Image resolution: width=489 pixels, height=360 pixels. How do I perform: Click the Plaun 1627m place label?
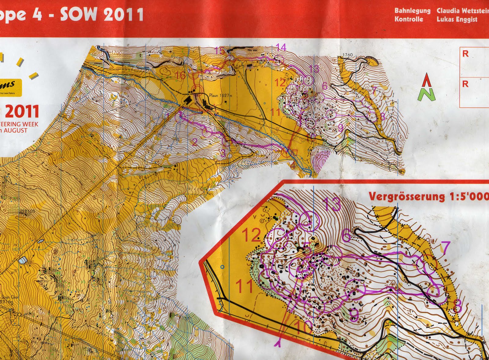pyautogui.click(x=221, y=96)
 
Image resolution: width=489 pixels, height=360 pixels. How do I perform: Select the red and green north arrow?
pyautogui.click(x=427, y=88)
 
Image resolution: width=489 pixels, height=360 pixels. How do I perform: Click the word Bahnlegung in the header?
pyautogui.click(x=412, y=11)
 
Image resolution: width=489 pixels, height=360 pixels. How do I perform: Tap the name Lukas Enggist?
pyautogui.click(x=457, y=20)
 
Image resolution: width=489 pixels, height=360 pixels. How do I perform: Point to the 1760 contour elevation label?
pyautogui.click(x=347, y=55)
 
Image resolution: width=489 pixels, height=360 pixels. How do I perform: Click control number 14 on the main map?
pyautogui.click(x=281, y=47)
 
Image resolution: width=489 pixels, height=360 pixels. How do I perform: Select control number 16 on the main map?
pyautogui.click(x=181, y=75)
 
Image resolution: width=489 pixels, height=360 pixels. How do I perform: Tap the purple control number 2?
pyautogui.click(x=194, y=142)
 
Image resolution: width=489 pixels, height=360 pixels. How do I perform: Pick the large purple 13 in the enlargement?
pyautogui.click(x=331, y=204)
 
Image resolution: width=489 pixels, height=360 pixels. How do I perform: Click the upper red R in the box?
pyautogui.click(x=465, y=54)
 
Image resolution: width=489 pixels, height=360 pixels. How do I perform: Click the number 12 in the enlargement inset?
pyautogui.click(x=251, y=235)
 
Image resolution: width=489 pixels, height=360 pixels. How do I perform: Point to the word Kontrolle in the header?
pyautogui.click(x=409, y=20)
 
